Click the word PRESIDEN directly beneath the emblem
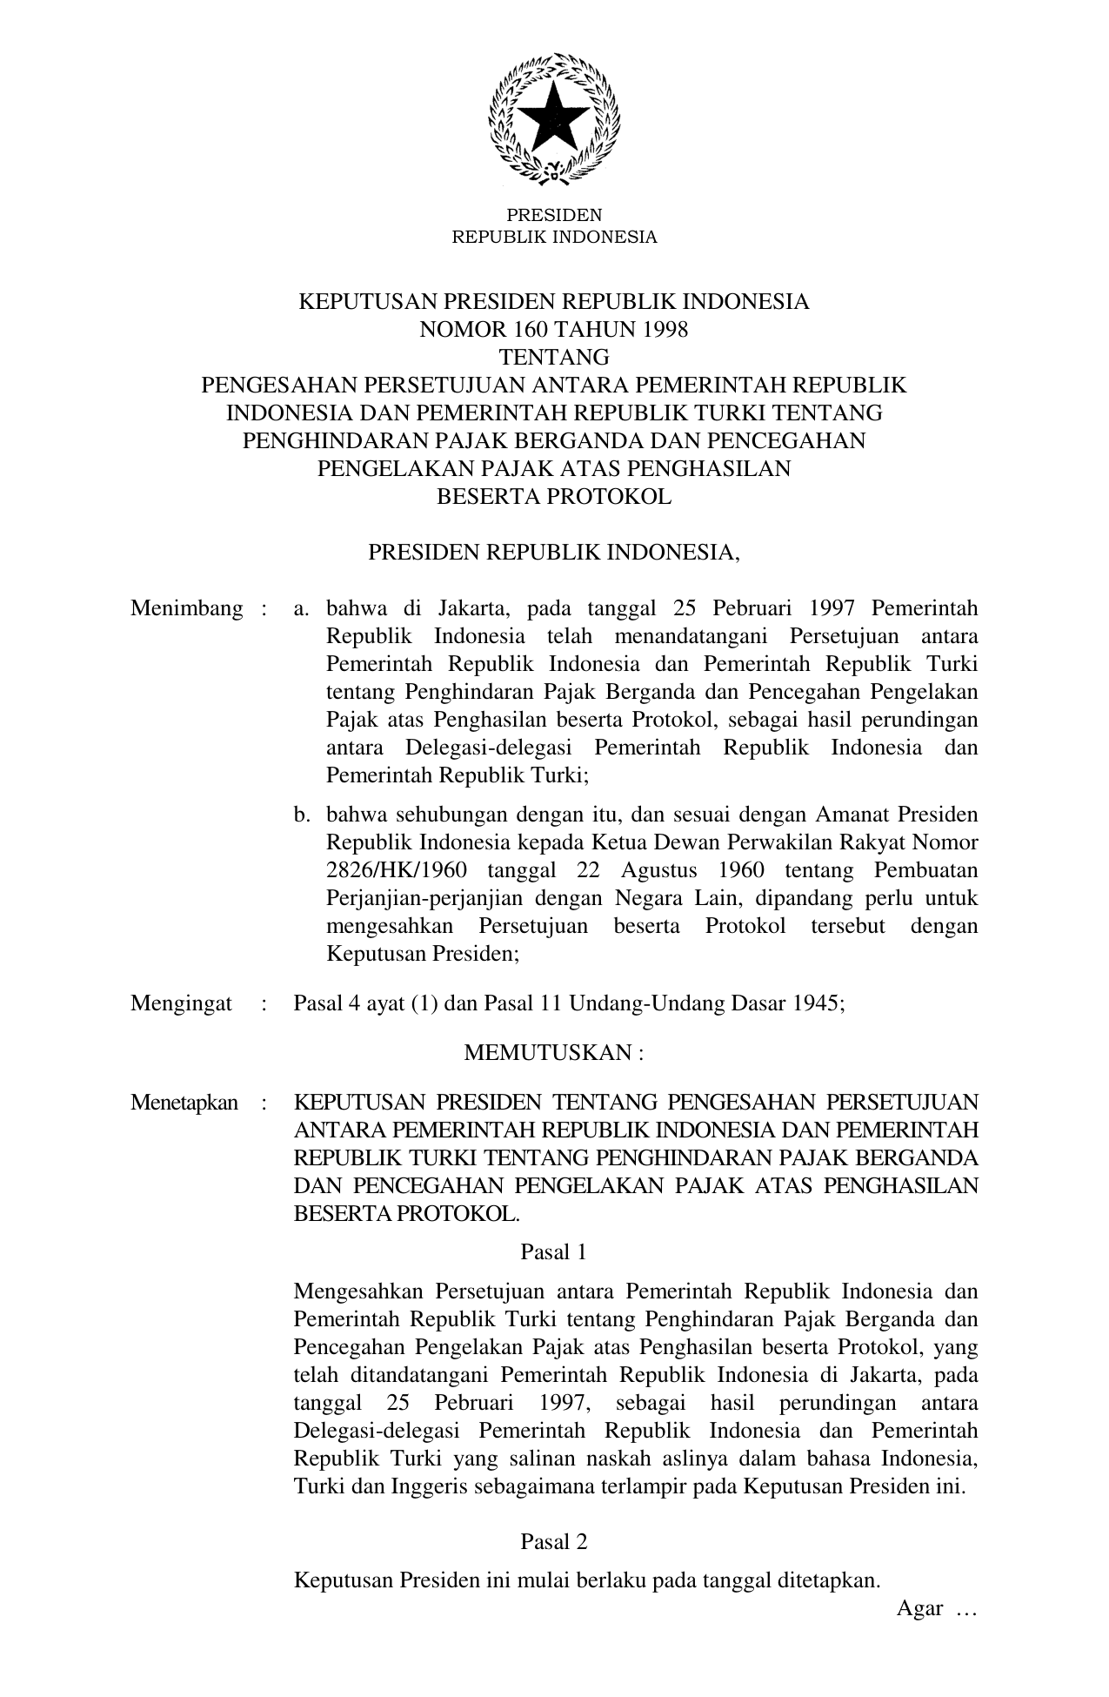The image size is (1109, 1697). (x=554, y=215)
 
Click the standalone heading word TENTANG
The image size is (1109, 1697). (x=554, y=357)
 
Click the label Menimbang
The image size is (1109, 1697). (x=186, y=608)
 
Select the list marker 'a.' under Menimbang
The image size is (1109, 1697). (x=302, y=608)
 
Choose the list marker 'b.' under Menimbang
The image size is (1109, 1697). (x=302, y=815)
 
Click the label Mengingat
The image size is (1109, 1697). (x=181, y=1003)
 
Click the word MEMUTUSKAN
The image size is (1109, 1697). (x=548, y=1053)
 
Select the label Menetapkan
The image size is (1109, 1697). (x=184, y=1103)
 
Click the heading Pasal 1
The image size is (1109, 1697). (x=553, y=1252)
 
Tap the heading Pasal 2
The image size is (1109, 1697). (x=553, y=1542)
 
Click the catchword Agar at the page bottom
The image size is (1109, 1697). (x=920, y=1608)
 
